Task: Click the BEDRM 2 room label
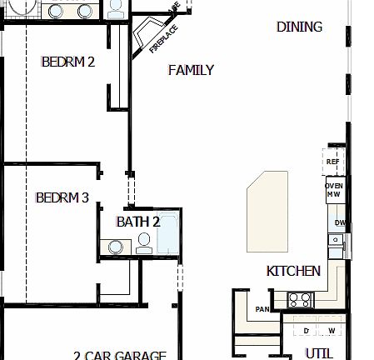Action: click(68, 61)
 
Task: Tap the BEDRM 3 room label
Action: click(62, 197)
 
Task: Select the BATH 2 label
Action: click(137, 221)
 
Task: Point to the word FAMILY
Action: click(191, 70)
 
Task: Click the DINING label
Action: click(299, 27)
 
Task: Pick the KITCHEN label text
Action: click(293, 271)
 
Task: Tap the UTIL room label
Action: click(319, 352)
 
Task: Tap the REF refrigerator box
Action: click(333, 161)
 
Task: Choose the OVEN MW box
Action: click(334, 189)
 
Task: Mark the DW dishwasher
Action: click(339, 222)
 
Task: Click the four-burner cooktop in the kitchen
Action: click(299, 299)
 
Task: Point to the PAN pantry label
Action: click(262, 309)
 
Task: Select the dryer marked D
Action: click(307, 331)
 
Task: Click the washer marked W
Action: click(331, 331)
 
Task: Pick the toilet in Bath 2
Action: click(143, 242)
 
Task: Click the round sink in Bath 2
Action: click(114, 246)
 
